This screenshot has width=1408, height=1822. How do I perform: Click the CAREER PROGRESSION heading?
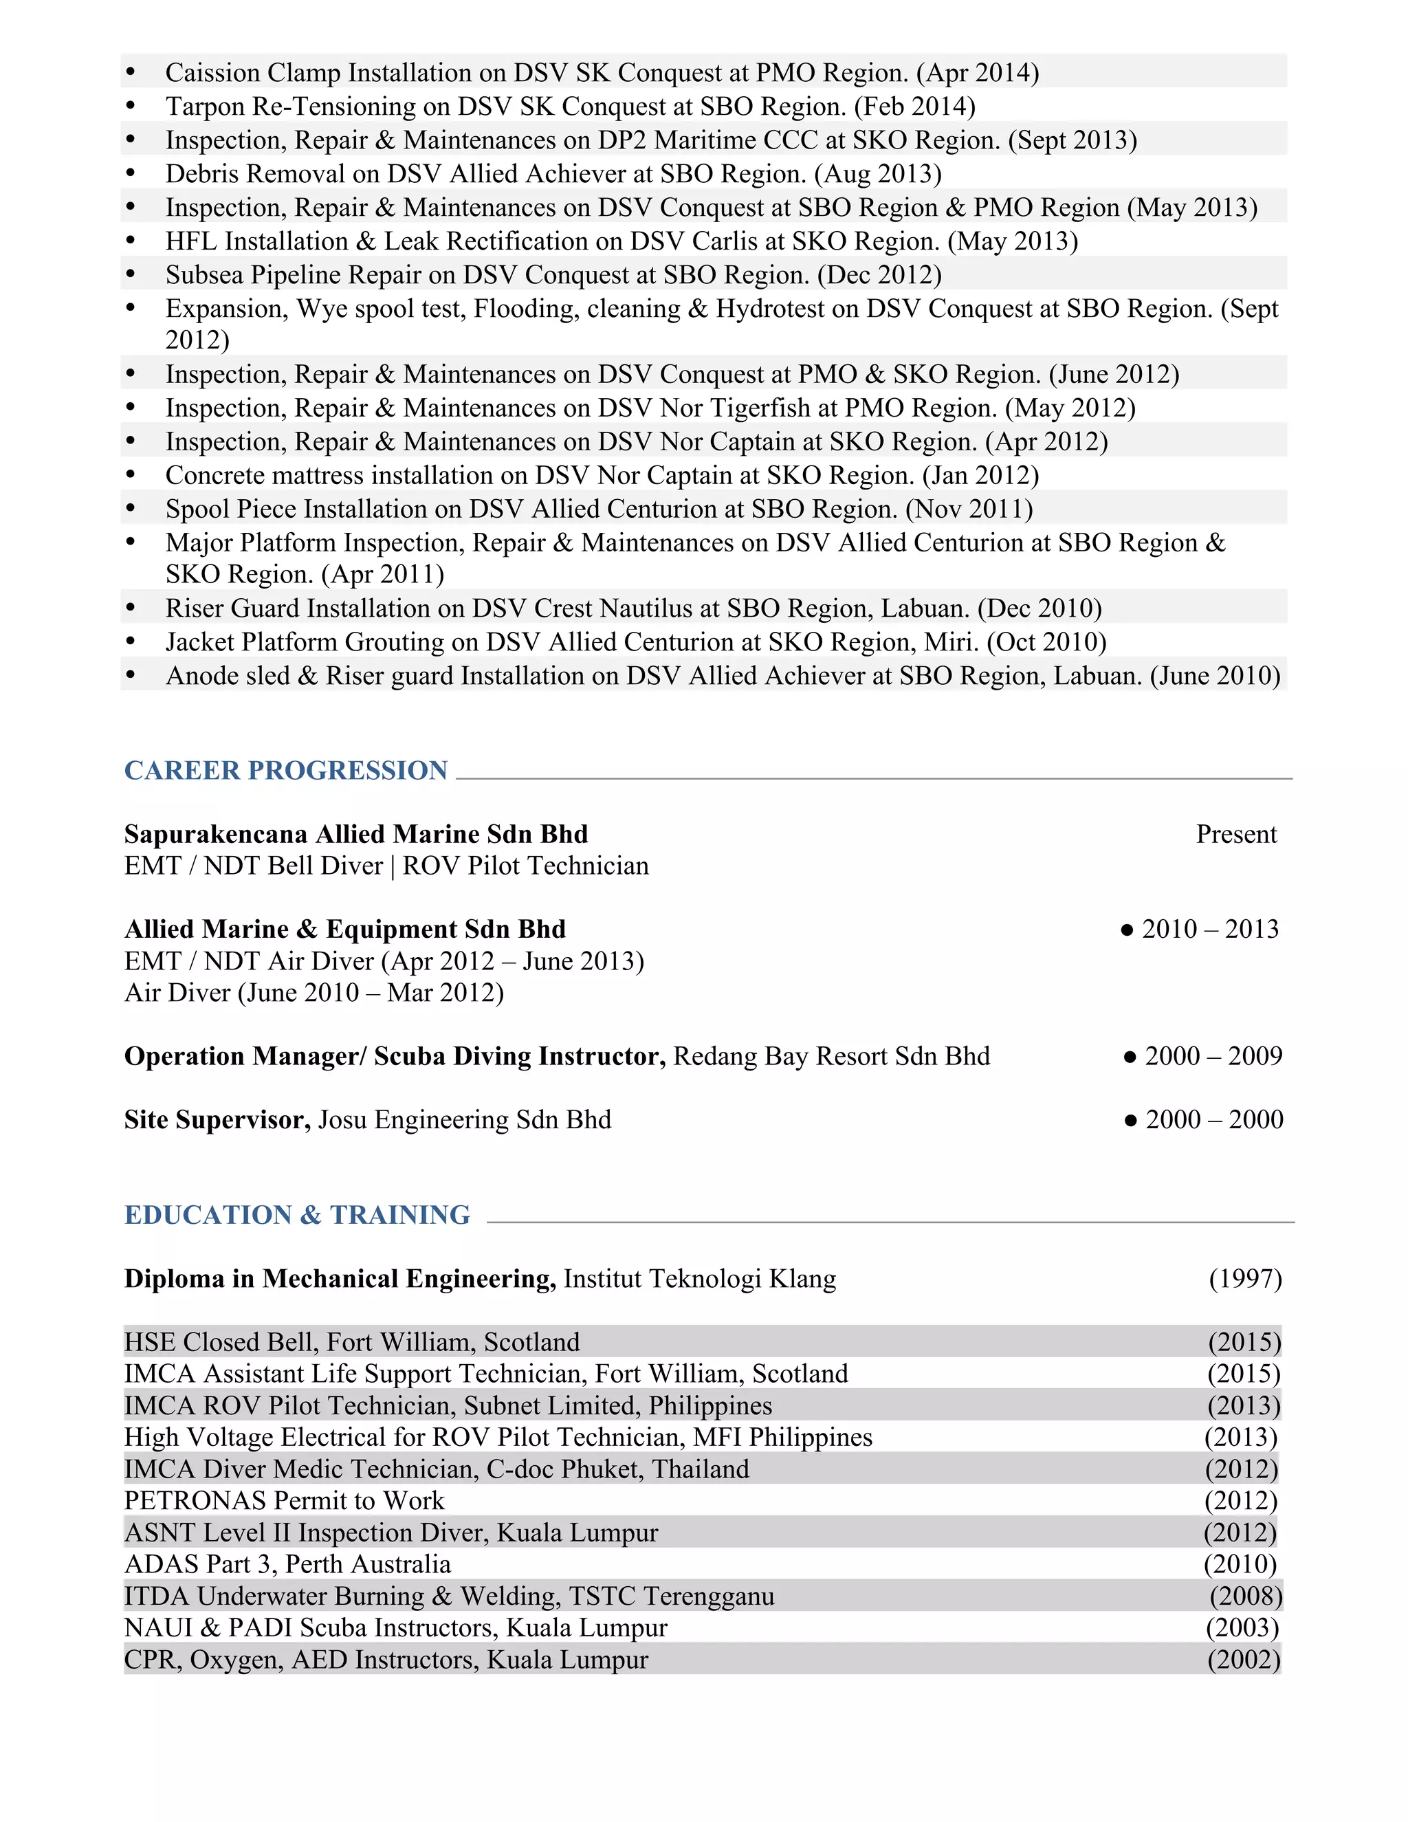pyautogui.click(x=285, y=770)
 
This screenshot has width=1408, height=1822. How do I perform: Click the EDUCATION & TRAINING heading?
pyautogui.click(x=297, y=1215)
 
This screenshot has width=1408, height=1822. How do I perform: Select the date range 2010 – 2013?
pyautogui.click(x=1209, y=930)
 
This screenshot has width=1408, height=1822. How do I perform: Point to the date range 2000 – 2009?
pyautogui.click(x=1213, y=1056)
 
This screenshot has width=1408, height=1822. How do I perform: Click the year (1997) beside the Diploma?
pyautogui.click(x=1244, y=1279)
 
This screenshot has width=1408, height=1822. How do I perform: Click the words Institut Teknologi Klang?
pyautogui.click(x=699, y=1279)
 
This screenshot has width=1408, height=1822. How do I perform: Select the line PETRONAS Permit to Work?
pyautogui.click(x=284, y=1501)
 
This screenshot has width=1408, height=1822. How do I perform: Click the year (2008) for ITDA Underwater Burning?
pyautogui.click(x=1245, y=1596)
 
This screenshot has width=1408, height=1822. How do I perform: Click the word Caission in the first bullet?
pyautogui.click(x=212, y=74)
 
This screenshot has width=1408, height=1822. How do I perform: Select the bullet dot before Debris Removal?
pyautogui.click(x=130, y=173)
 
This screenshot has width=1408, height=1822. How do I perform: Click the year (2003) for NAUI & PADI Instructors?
pyautogui.click(x=1242, y=1627)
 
